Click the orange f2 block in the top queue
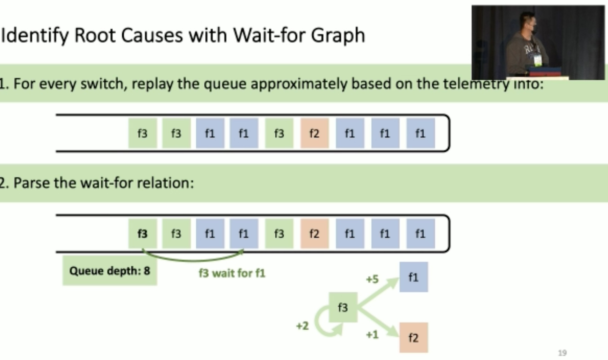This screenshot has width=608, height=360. (x=314, y=133)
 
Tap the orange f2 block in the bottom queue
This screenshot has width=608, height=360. (x=314, y=233)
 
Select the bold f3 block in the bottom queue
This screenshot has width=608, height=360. (x=143, y=233)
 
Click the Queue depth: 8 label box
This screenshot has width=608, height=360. (x=110, y=271)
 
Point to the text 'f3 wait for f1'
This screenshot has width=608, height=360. (x=232, y=273)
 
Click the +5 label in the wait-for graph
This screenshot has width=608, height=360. (x=372, y=279)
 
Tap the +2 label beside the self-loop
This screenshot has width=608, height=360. (x=302, y=326)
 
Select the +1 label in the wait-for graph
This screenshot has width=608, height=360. (x=372, y=335)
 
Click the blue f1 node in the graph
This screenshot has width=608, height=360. (x=414, y=277)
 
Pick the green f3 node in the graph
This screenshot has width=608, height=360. (x=343, y=308)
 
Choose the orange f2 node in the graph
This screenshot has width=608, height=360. (x=414, y=338)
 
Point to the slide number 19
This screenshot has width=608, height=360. (x=562, y=353)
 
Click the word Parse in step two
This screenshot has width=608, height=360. (x=31, y=183)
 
